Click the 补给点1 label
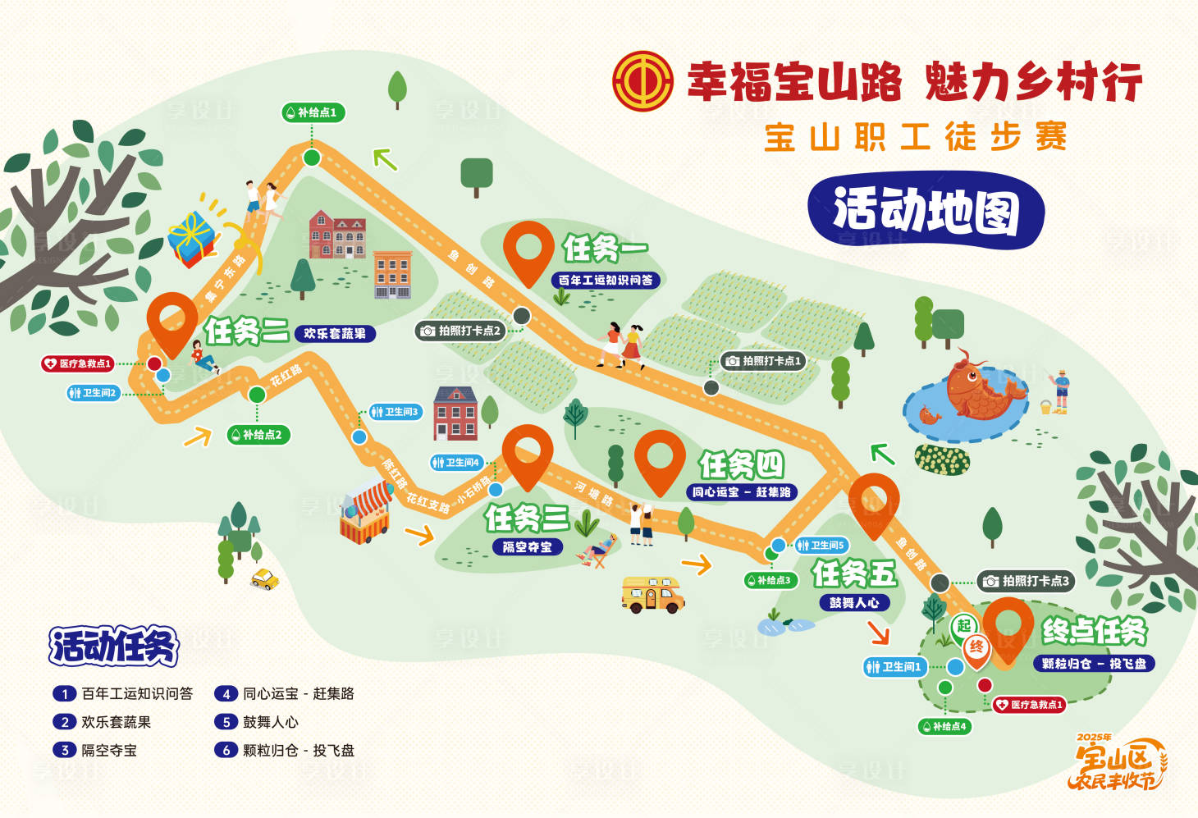pyautogui.click(x=313, y=112)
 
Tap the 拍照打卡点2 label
pyautogui.click(x=461, y=331)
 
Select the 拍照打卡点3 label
pyautogui.click(x=1026, y=581)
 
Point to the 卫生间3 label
pyautogui.click(x=395, y=412)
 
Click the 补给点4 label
pyautogui.click(x=944, y=726)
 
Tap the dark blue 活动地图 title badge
pyautogui.click(x=926, y=210)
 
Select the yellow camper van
pyautogui.click(x=652, y=594)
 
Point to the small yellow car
pyautogui.click(x=265, y=579)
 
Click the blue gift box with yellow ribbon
pyautogui.click(x=192, y=238)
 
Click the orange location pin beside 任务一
pyautogui.click(x=528, y=251)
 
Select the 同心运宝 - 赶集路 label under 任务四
pyautogui.click(x=742, y=492)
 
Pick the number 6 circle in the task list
pyautogui.click(x=225, y=750)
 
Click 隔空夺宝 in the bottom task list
pyautogui.click(x=109, y=750)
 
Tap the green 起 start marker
pyautogui.click(x=963, y=626)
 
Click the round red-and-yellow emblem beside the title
pyautogui.click(x=642, y=81)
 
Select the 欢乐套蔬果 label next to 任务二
pyautogui.click(x=335, y=334)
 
